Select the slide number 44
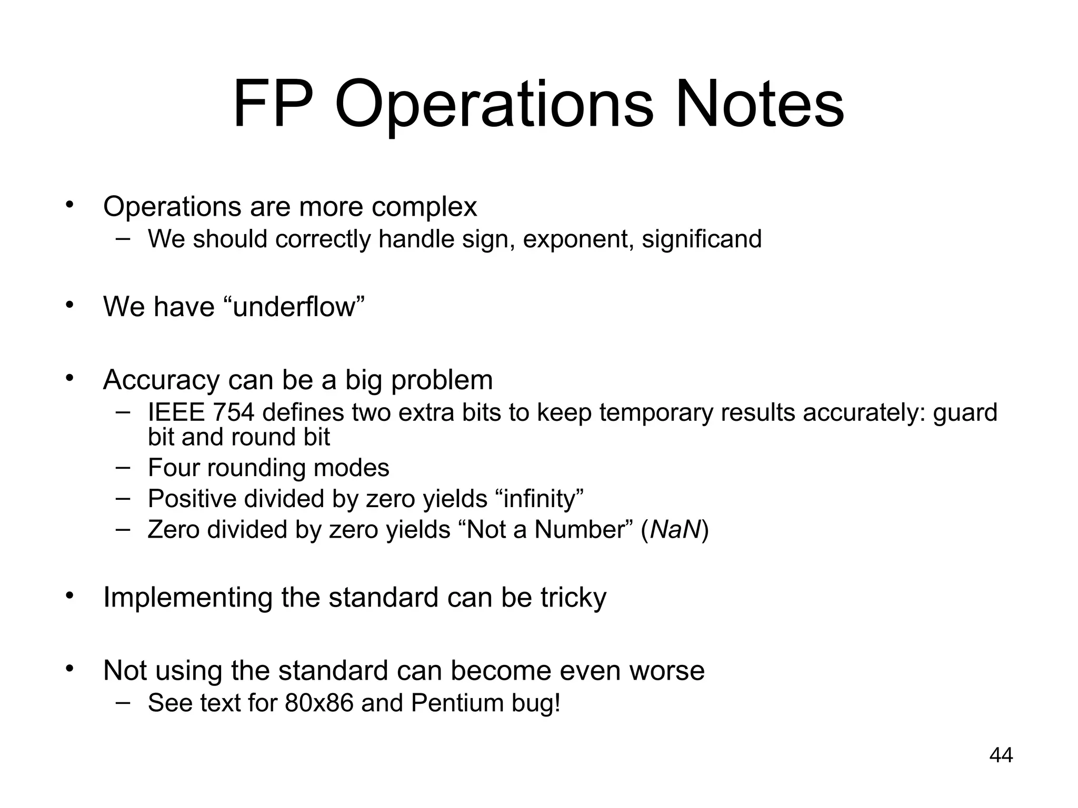[1001, 755]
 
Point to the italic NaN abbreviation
[675, 529]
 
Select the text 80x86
[319, 703]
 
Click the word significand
[702, 239]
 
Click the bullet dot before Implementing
[69, 595]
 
